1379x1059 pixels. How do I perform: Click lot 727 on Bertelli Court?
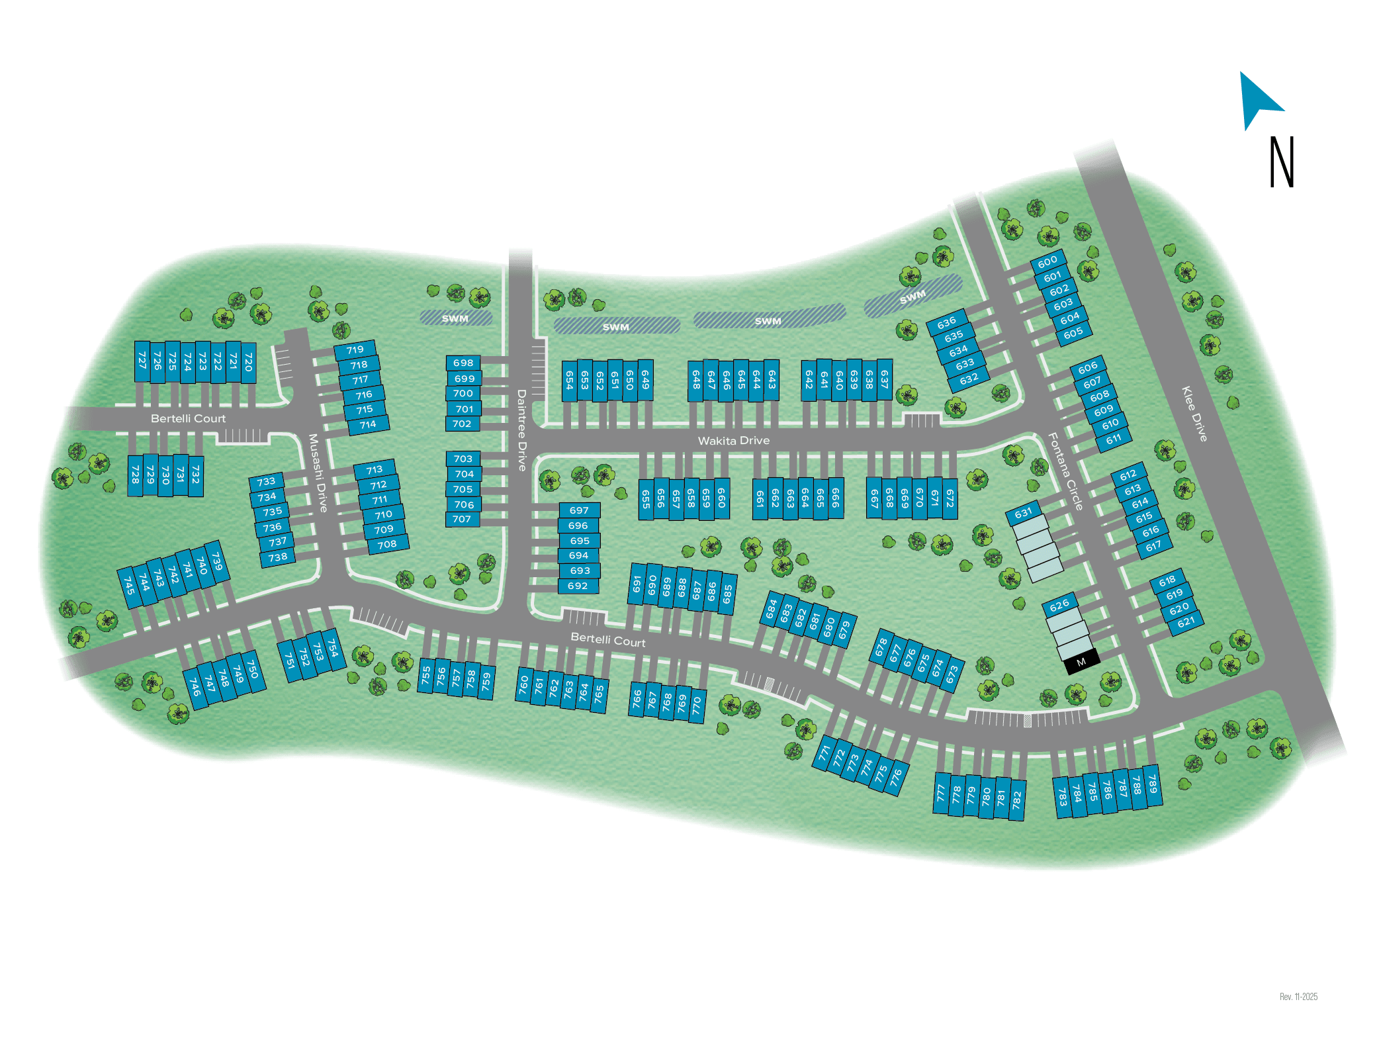pyautogui.click(x=142, y=361)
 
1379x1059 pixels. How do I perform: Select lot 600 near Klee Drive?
pyautogui.click(x=1047, y=262)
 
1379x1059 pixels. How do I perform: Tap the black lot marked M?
pyautogui.click(x=1081, y=662)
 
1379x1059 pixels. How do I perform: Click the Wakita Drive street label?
pyautogui.click(x=733, y=441)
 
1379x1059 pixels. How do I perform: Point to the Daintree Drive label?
pyautogui.click(x=521, y=430)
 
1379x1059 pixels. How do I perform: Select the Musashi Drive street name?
pyautogui.click(x=318, y=473)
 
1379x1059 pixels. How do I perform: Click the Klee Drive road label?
pyautogui.click(x=1194, y=414)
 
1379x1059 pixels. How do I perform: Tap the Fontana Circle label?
pyautogui.click(x=1065, y=471)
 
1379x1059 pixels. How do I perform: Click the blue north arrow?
pyautogui.click(x=1257, y=99)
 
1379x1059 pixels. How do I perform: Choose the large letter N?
pyautogui.click(x=1281, y=163)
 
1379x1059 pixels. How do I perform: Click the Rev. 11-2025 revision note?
pyautogui.click(x=1298, y=996)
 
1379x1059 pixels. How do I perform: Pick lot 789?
pyautogui.click(x=1153, y=784)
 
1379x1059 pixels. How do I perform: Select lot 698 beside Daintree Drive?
pyautogui.click(x=463, y=363)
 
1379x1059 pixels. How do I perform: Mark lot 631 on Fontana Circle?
pyautogui.click(x=1023, y=512)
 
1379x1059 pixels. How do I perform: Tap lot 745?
pyautogui.click(x=129, y=586)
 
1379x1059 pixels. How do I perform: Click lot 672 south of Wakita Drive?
pyautogui.click(x=950, y=498)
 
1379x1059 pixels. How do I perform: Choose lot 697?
pyautogui.click(x=579, y=510)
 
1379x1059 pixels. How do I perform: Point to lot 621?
pyautogui.click(x=1186, y=622)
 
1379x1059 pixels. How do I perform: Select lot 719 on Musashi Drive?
pyautogui.click(x=355, y=349)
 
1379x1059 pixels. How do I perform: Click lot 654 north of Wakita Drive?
pyautogui.click(x=569, y=380)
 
